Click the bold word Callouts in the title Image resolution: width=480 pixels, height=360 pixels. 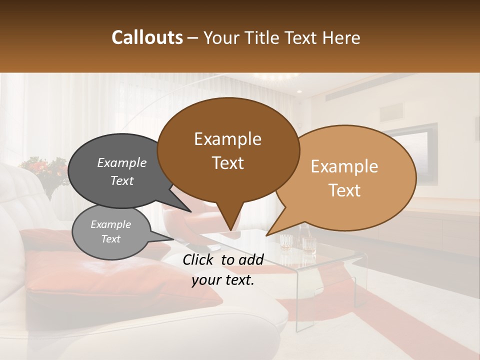(x=147, y=37)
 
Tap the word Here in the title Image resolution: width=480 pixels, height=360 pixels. (x=342, y=38)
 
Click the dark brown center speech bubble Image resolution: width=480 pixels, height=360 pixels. (x=228, y=150)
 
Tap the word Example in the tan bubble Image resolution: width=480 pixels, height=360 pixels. (x=344, y=166)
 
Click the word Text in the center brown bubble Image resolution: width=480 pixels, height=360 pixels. (x=228, y=163)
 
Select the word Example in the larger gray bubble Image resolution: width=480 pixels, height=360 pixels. (x=122, y=163)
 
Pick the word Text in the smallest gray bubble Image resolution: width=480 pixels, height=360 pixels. (x=111, y=239)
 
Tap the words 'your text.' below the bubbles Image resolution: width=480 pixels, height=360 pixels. (x=223, y=280)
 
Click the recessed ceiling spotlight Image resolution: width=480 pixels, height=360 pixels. (x=299, y=92)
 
